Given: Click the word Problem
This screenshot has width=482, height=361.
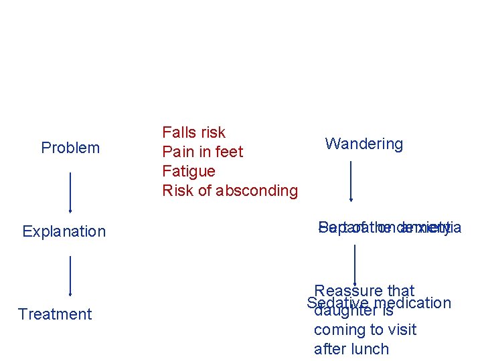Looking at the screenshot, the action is (70, 148).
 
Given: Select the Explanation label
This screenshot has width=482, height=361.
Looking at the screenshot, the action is (64, 231).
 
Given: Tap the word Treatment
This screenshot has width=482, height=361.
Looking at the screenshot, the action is (55, 314).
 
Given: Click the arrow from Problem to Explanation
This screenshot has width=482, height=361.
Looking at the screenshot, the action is (70, 191).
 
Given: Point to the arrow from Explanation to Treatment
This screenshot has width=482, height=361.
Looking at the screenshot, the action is (70, 274).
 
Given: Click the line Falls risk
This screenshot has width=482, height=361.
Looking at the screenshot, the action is (194, 132).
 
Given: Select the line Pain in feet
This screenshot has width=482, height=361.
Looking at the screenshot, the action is (203, 152).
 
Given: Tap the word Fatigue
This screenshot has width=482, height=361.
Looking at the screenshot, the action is (189, 171).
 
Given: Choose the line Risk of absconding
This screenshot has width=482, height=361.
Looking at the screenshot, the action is (230, 191).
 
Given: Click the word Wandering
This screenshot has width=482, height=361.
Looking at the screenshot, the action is (364, 144).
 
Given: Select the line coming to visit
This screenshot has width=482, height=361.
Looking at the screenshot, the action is (365, 330).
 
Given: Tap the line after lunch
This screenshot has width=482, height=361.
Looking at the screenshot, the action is (351, 349).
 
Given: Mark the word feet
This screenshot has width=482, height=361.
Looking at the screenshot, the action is (229, 152).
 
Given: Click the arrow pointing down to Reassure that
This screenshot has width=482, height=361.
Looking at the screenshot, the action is (355, 264).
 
